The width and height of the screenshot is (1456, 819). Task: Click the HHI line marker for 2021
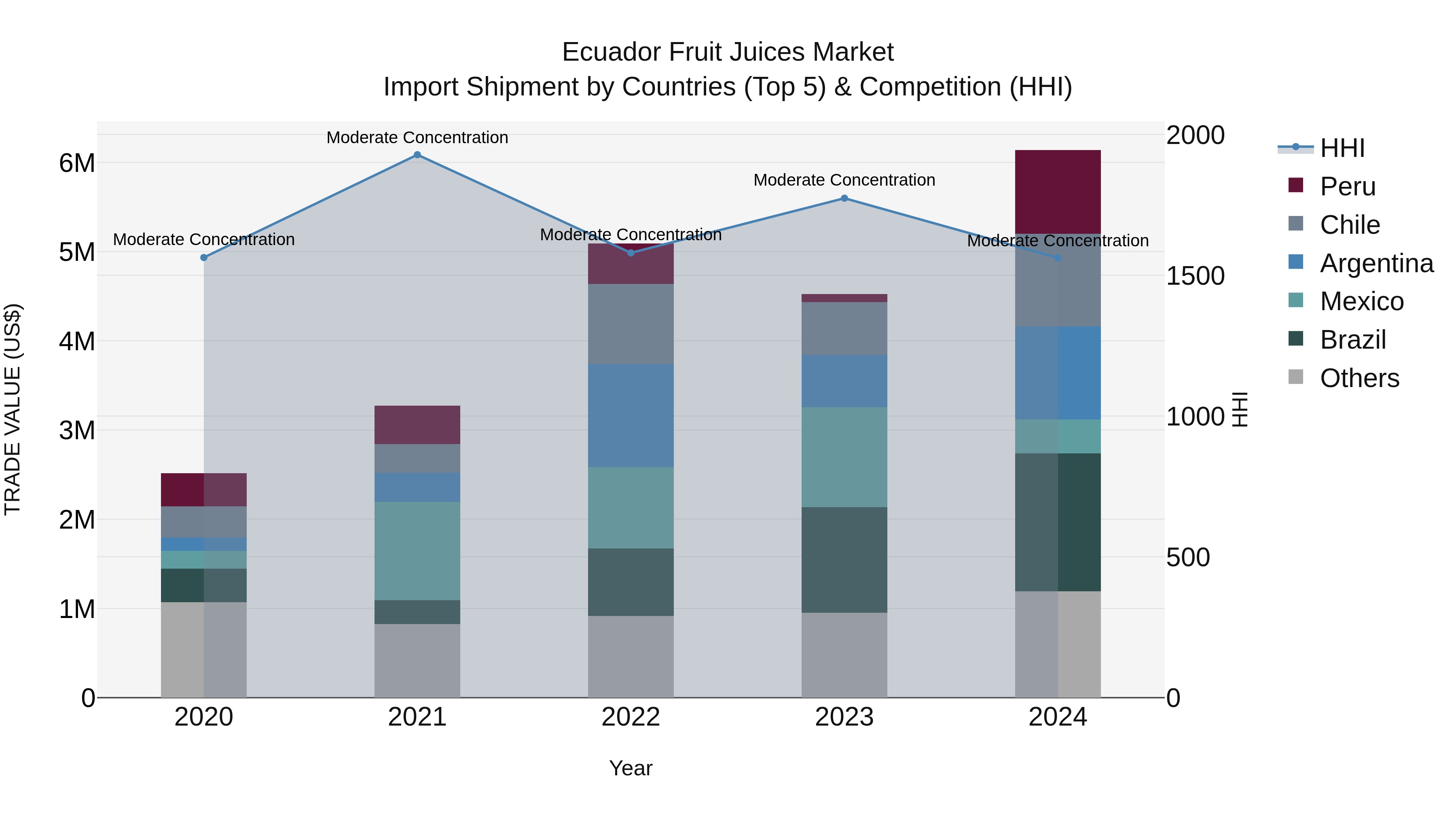click(417, 155)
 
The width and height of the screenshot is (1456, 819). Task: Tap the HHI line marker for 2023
click(844, 199)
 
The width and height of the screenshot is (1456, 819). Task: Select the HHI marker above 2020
click(204, 258)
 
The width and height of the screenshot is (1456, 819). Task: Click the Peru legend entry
click(1348, 186)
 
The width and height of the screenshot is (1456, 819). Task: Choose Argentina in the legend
click(1376, 263)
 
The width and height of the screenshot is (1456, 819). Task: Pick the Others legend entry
click(1359, 378)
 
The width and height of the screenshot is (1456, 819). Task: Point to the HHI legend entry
click(1342, 148)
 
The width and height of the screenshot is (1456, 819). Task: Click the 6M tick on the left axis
click(77, 163)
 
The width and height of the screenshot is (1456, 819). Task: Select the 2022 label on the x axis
click(631, 717)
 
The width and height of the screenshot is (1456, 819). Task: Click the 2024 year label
click(1058, 717)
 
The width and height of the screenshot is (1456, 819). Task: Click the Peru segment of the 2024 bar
click(1058, 192)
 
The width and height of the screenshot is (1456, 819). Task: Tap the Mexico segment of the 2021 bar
click(417, 551)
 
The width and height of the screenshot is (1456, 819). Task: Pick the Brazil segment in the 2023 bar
click(844, 560)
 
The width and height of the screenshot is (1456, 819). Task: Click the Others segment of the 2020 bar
click(204, 650)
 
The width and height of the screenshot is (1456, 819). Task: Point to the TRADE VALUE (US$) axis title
click(13, 409)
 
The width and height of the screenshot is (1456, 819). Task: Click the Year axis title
click(631, 768)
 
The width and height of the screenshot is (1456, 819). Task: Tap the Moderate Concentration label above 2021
click(417, 138)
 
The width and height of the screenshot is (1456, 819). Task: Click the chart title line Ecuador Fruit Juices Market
click(728, 52)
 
